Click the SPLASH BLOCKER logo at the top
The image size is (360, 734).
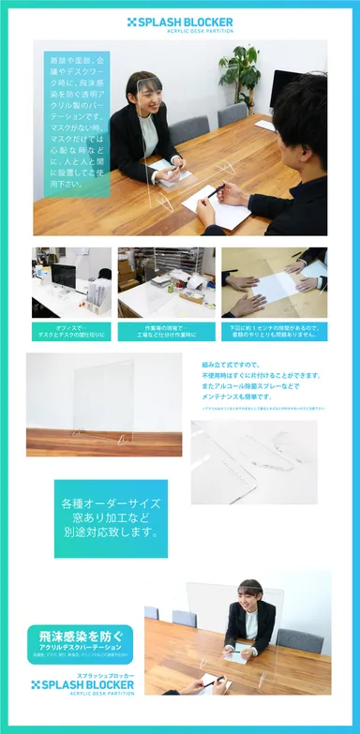pyautogui.click(x=180, y=22)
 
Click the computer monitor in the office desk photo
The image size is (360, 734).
pyautogui.click(x=63, y=275)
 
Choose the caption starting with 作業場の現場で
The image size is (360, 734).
pyautogui.click(x=166, y=330)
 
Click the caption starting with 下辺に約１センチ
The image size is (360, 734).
pyautogui.click(x=274, y=330)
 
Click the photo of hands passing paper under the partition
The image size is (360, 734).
pyautogui.click(x=274, y=282)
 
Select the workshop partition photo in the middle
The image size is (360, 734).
pyautogui.click(x=166, y=282)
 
